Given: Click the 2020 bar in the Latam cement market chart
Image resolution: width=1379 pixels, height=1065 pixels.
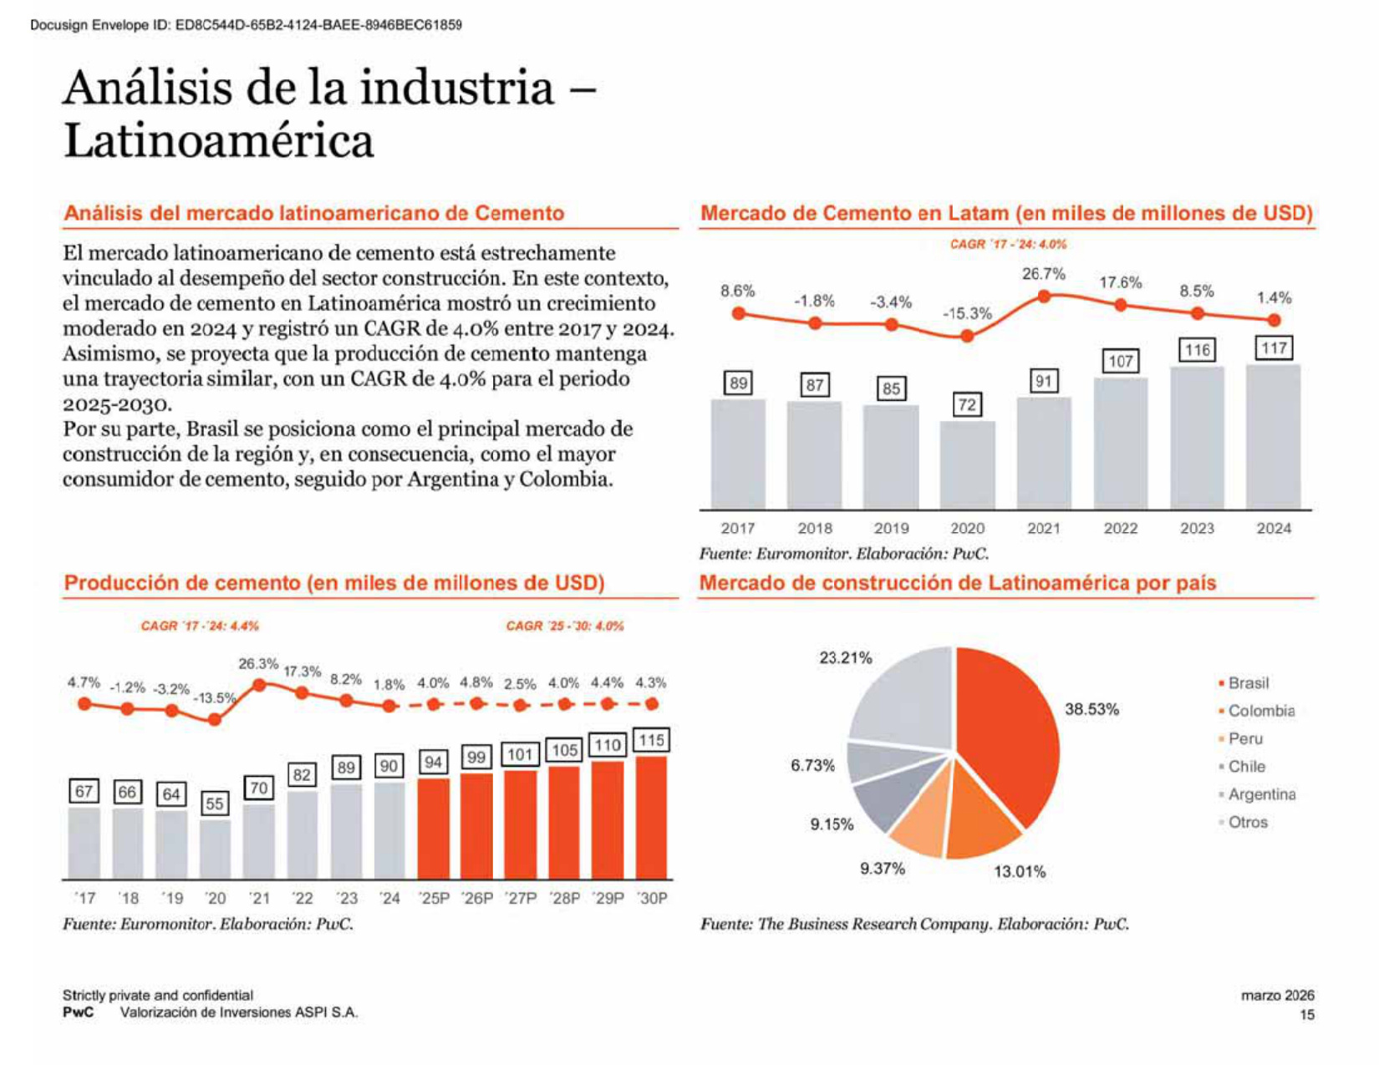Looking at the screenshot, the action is coord(966,465).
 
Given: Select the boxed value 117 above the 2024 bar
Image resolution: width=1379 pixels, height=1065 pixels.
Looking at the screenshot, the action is coord(1273,348).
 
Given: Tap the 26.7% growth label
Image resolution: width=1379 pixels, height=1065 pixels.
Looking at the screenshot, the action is coord(1043,274).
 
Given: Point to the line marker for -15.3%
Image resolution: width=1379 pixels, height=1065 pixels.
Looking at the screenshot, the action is coord(966,336).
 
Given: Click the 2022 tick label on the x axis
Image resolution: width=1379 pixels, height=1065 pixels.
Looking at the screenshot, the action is coord(1120,529).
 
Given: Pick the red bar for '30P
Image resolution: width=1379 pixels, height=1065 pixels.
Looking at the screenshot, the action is coord(650,818).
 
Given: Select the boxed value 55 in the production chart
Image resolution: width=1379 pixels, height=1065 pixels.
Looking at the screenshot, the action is coord(215,804).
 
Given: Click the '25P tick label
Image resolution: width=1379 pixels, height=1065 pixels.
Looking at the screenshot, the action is coord(434,898).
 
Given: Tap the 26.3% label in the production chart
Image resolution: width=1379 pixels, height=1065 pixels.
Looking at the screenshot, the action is coord(258,664).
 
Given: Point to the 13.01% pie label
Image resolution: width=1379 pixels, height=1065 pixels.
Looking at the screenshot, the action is coord(1019,871).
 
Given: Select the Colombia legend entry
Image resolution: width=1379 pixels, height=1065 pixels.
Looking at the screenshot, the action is coord(1256,711).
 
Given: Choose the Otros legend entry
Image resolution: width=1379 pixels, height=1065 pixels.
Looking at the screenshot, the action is coord(1244,822).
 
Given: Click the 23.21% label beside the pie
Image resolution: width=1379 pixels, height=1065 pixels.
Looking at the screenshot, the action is coord(845,657).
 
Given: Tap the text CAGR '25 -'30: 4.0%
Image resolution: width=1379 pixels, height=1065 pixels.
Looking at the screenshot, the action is coord(565,626).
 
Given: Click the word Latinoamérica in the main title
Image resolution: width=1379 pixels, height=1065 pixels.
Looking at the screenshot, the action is coord(219,141).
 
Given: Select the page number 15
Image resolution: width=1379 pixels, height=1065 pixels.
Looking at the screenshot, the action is coord(1306,1015).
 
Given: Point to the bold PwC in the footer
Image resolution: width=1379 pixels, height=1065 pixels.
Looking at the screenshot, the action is coord(78,1012).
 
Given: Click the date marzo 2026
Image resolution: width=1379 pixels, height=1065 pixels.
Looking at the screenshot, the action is coord(1278,995).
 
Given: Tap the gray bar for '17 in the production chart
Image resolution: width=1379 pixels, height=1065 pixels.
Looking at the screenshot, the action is coord(84,843).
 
